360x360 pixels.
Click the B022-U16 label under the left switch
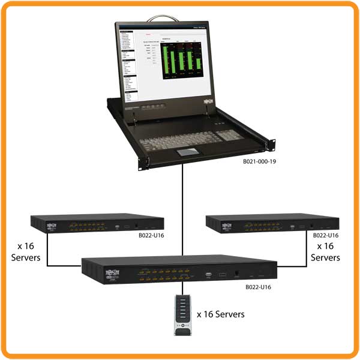click(151, 236)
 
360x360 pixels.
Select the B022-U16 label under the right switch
click(325, 236)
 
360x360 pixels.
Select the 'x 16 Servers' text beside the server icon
click(221, 314)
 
